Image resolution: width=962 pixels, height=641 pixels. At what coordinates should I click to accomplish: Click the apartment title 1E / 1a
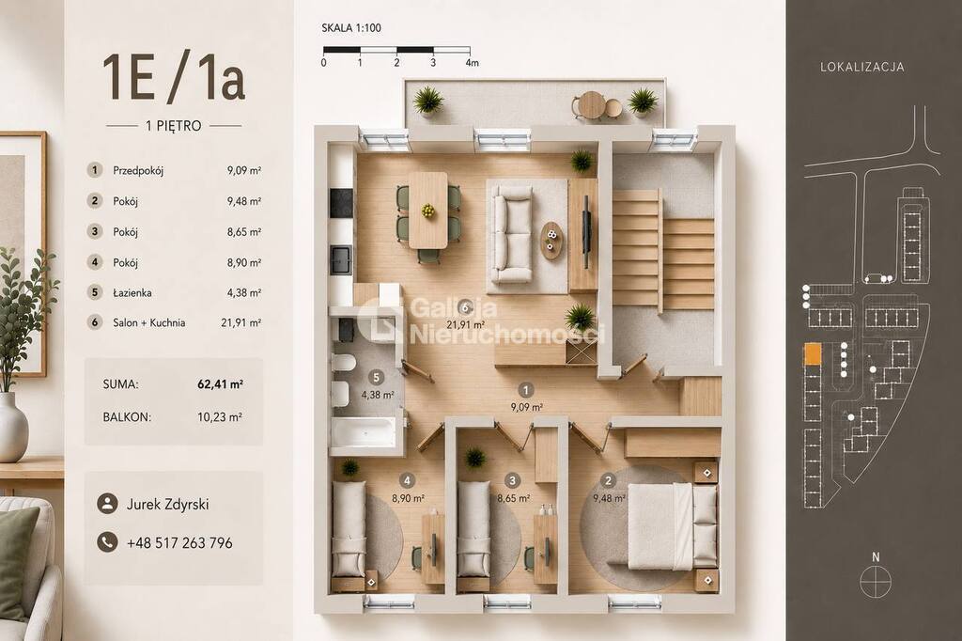[174, 78]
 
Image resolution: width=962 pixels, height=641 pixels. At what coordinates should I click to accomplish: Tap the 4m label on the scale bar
[472, 63]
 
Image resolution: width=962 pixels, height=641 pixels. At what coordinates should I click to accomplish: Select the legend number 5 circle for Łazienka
[95, 292]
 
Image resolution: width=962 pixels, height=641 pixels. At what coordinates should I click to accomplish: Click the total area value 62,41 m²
[220, 384]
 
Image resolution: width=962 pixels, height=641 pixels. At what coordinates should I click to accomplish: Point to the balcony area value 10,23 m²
[220, 417]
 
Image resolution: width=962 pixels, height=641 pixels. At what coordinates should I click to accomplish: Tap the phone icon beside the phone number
[107, 542]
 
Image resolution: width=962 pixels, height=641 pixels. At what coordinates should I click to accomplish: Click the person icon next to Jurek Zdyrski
[107, 504]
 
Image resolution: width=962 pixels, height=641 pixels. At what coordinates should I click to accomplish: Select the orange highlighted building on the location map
[813, 353]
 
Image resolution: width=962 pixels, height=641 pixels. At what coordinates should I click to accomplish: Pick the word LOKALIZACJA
[862, 67]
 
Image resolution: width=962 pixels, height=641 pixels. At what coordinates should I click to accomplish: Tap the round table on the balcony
[594, 105]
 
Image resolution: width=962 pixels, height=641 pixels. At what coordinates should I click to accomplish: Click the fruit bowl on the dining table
[428, 211]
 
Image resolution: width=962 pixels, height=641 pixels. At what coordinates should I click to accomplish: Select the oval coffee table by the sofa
[552, 240]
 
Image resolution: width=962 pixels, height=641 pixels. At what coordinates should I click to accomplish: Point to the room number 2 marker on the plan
[608, 481]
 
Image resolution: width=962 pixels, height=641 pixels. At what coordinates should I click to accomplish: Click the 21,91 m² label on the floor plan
[466, 325]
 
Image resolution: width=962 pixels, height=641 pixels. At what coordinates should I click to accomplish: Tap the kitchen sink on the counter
[340, 259]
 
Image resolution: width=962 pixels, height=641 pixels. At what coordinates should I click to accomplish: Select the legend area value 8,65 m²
[244, 232]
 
